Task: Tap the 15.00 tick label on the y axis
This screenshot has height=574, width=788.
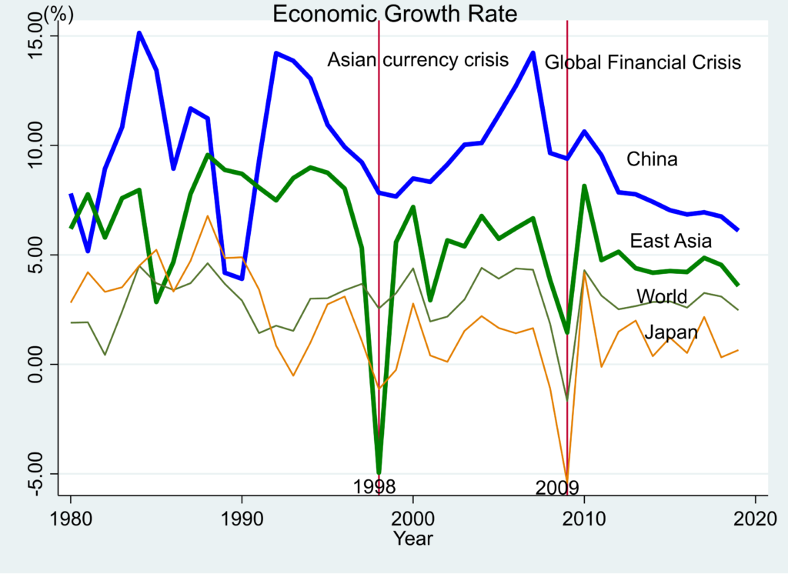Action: (x=37, y=36)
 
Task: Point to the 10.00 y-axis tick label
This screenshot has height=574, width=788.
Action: (x=37, y=145)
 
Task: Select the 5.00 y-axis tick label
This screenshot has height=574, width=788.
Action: (x=37, y=255)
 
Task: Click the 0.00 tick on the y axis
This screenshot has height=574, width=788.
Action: (x=37, y=364)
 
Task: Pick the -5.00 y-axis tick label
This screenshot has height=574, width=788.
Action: (x=37, y=473)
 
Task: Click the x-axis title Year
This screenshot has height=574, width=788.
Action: (x=413, y=539)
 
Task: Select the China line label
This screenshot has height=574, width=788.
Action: (x=652, y=160)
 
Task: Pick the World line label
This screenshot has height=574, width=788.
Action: (x=662, y=297)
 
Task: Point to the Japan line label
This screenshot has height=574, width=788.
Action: (x=671, y=332)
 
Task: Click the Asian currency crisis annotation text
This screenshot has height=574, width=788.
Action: (x=419, y=60)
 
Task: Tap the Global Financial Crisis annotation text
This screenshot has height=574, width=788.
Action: (x=643, y=62)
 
